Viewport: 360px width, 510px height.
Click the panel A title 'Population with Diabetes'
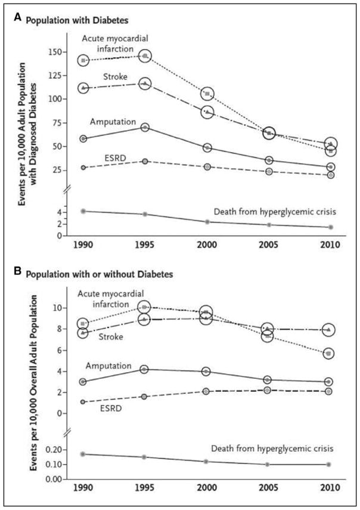click(x=77, y=20)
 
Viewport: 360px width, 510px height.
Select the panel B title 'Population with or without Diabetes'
click(x=99, y=274)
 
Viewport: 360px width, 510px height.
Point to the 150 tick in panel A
click(x=54, y=52)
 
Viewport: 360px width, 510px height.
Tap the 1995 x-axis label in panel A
click(x=145, y=245)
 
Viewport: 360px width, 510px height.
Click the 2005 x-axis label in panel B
click(x=268, y=488)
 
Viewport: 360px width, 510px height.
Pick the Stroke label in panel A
click(x=116, y=77)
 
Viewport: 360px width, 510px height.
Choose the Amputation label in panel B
click(x=108, y=366)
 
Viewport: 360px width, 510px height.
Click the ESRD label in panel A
click(x=116, y=158)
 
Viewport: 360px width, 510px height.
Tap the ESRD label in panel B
click(x=111, y=408)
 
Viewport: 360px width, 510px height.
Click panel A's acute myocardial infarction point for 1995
click(x=145, y=56)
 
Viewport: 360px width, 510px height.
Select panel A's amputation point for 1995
click(x=145, y=127)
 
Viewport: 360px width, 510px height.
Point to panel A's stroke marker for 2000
click(x=207, y=112)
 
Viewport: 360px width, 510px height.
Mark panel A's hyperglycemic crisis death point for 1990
click(x=83, y=211)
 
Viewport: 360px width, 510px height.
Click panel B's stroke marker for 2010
click(x=328, y=330)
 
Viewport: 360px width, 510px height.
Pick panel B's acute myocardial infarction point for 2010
click(x=328, y=354)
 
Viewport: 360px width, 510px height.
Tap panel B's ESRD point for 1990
click(x=83, y=401)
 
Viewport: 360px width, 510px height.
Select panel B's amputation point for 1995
click(x=144, y=369)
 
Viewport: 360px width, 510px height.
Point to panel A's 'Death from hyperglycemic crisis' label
click(x=275, y=212)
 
